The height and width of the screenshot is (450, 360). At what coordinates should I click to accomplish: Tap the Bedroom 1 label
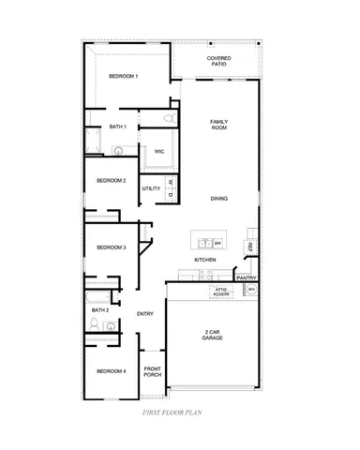tap(124, 76)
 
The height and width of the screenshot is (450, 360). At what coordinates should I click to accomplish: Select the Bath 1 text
tap(117, 126)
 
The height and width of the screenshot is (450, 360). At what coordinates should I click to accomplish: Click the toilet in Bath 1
tap(166, 119)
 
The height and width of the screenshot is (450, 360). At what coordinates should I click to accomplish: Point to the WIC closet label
tap(159, 151)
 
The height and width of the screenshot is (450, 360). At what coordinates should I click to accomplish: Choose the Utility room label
tap(151, 188)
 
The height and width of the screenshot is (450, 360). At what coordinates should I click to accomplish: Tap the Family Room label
tap(219, 126)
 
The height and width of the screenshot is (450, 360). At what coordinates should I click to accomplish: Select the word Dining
tap(218, 198)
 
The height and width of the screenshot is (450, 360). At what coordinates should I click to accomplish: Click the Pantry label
tap(247, 277)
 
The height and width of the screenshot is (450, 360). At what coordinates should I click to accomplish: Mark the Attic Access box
tap(221, 292)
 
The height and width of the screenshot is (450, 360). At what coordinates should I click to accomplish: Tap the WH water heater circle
tap(250, 292)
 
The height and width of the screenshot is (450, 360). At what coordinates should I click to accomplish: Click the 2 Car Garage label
tap(212, 335)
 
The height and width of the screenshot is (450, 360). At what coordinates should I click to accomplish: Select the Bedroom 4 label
tap(112, 372)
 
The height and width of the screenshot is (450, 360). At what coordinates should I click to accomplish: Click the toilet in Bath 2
tap(94, 322)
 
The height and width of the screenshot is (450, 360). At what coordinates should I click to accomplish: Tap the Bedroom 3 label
tap(112, 247)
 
